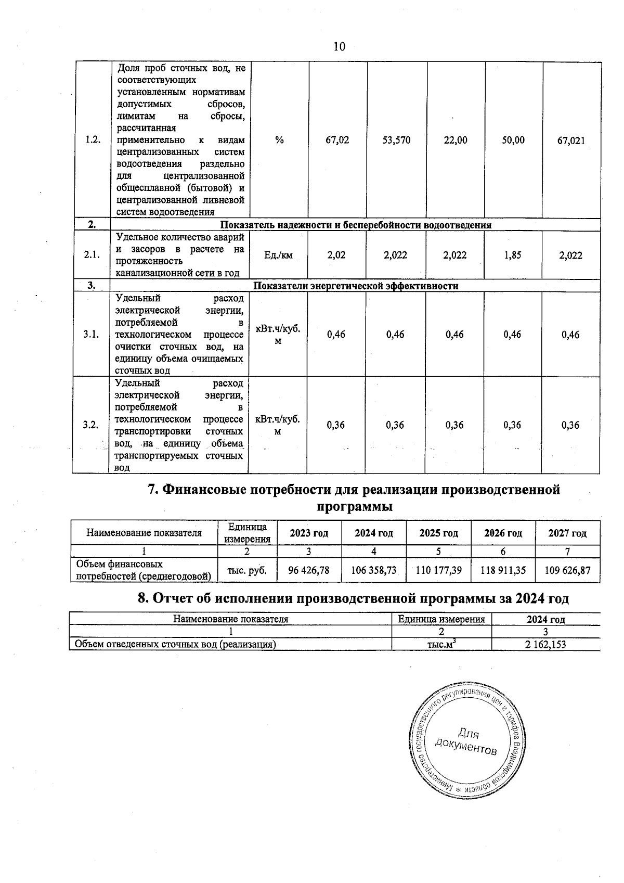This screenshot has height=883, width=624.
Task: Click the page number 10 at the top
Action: [x=339, y=47]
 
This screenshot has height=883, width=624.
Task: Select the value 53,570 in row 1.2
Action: [x=396, y=140]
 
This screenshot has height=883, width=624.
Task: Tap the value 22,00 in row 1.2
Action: [x=456, y=140]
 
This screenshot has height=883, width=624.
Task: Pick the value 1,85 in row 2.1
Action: [x=513, y=255]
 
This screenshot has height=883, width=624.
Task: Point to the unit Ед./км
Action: [x=279, y=255]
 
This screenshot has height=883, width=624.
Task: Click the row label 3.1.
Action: [x=91, y=335]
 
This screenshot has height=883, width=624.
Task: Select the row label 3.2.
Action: [x=90, y=425]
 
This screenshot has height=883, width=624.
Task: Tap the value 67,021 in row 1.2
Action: [x=571, y=140]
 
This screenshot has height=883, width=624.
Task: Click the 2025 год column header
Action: [x=438, y=533]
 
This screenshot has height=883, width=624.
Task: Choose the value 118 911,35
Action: [x=503, y=570]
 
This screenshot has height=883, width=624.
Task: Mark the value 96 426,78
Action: [x=309, y=570]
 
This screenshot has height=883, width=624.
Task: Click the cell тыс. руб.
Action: [x=248, y=570]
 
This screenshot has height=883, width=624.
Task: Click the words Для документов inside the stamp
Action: [x=466, y=741]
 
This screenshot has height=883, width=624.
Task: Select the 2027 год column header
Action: [x=567, y=533]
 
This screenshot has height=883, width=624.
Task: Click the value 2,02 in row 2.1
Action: [x=336, y=255]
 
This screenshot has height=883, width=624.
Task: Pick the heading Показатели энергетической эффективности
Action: [x=356, y=286]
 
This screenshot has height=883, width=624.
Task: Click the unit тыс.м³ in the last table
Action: [x=441, y=644]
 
